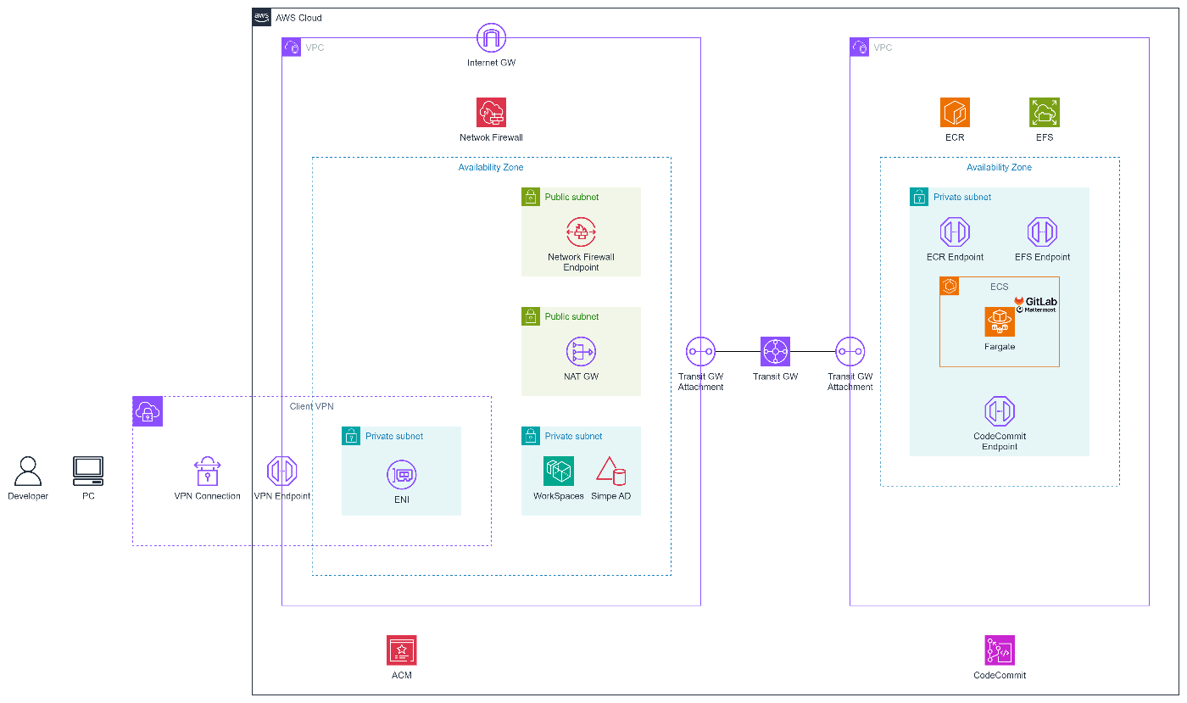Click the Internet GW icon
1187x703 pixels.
(x=491, y=37)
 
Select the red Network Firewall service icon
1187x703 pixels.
(x=491, y=113)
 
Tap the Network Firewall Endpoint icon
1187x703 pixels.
(x=581, y=232)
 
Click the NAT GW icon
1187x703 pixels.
(x=581, y=351)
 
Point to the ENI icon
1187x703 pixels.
(x=402, y=475)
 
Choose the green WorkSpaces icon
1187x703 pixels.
(x=559, y=471)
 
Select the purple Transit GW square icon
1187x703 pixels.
(x=775, y=351)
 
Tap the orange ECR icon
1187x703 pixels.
(x=955, y=113)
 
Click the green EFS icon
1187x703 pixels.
(x=1045, y=113)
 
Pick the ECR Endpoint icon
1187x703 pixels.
(x=955, y=232)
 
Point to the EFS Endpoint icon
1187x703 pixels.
(x=1042, y=232)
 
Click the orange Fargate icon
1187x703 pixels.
(x=1000, y=321)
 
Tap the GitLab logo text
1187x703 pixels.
(x=1041, y=301)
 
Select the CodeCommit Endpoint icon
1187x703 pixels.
(x=1000, y=411)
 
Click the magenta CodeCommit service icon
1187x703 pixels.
(x=1000, y=650)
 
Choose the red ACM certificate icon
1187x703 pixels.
(x=402, y=650)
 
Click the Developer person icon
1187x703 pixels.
(x=27, y=471)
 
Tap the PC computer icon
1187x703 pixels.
(x=88, y=471)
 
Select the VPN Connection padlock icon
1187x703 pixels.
(x=207, y=471)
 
